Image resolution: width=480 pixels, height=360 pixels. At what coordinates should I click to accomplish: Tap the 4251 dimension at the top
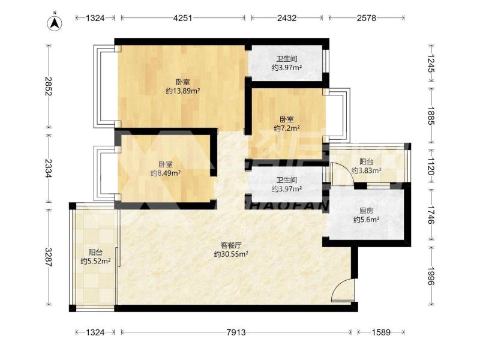coord(183,18)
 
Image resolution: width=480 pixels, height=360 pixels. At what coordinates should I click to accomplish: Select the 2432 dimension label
coord(287,18)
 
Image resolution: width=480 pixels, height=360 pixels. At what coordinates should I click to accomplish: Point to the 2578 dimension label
coord(367,18)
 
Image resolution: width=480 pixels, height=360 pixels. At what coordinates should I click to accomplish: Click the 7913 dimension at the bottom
coord(236,332)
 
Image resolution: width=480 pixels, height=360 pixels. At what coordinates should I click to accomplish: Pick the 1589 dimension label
coord(381,332)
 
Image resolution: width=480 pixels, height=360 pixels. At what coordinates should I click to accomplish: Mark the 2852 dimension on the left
coord(49,86)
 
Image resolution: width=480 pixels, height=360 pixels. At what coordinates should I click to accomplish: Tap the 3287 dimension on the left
coord(49,257)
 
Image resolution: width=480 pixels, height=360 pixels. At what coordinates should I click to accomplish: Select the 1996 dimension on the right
coord(431,276)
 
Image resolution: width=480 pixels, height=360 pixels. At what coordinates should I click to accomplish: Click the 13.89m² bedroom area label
coord(183,91)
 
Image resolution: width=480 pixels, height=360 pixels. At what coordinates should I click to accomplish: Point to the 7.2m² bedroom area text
coord(287,128)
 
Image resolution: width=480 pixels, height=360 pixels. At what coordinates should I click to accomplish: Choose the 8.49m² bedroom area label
coord(166,173)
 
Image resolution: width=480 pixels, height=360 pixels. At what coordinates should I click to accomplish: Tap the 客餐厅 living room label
coord(231,245)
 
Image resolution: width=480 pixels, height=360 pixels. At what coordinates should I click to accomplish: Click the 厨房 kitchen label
coord(367,211)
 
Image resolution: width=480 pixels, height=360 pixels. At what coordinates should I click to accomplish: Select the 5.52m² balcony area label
coord(95,261)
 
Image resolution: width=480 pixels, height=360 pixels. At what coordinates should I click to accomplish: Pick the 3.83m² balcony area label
coord(367,170)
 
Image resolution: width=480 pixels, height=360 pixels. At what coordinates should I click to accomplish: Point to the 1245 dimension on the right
coord(431,64)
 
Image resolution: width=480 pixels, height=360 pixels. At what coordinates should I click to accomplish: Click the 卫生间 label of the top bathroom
coord(287,58)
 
